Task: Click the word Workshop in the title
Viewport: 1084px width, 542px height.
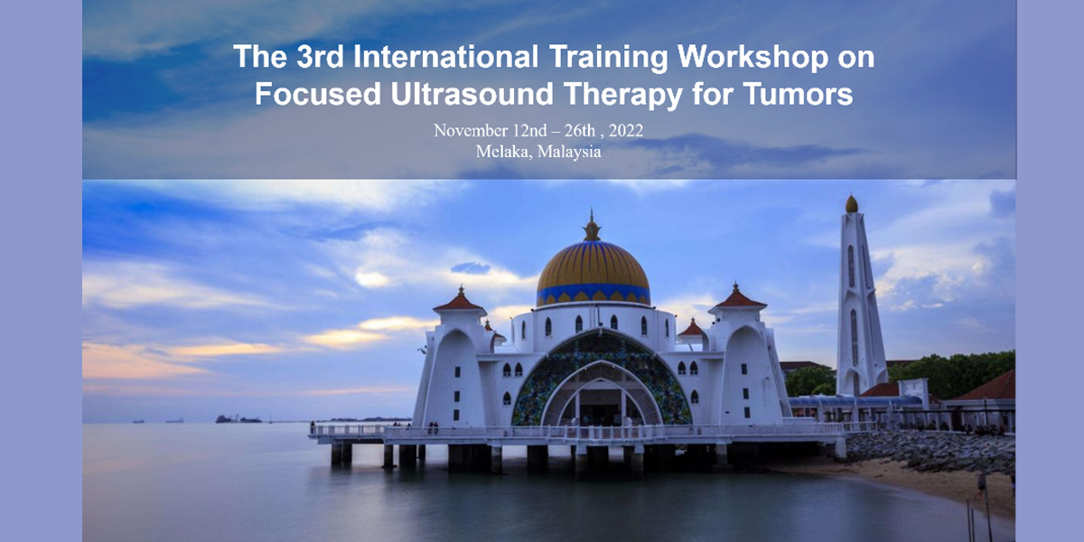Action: click(752, 57)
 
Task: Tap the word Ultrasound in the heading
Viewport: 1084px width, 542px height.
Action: click(472, 93)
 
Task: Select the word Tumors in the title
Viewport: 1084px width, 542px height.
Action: click(798, 93)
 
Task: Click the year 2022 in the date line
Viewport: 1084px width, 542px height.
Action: click(626, 131)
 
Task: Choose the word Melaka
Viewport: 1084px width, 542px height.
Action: click(504, 152)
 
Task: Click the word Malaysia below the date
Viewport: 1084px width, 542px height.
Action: click(569, 152)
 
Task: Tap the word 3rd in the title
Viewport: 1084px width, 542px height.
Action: click(320, 57)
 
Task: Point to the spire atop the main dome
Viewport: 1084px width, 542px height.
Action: click(592, 226)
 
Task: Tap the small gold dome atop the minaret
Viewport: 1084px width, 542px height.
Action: click(851, 204)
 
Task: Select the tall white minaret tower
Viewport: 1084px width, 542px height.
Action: click(859, 300)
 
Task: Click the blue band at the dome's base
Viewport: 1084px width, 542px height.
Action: click(593, 294)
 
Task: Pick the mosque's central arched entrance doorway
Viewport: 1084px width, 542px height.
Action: click(601, 402)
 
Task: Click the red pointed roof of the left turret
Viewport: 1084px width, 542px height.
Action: click(460, 300)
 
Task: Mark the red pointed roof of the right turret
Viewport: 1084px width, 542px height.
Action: click(736, 297)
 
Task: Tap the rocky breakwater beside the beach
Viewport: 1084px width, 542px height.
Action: click(930, 450)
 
